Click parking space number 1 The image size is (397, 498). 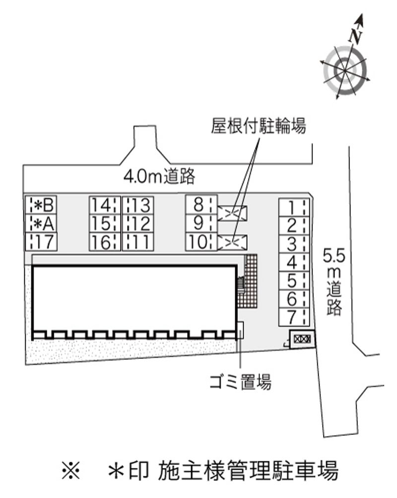pos(294,208)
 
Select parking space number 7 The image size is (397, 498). pos(294,317)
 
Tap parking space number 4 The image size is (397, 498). pos(294,262)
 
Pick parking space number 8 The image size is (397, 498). pos(201,205)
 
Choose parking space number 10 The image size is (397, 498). pos(201,242)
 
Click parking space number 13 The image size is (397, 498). pos(138,205)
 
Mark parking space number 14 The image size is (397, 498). pos(105,205)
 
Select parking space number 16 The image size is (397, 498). pos(105,242)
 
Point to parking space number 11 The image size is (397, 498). pos(138,242)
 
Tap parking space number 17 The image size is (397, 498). pos(41,242)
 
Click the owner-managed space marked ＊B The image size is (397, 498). pos(41,205)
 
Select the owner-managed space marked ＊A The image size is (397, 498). pos(41,223)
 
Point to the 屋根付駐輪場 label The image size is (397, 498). pos(259,126)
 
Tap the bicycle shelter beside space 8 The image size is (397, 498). pos(232,213)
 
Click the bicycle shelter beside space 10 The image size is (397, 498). pos(232,242)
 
